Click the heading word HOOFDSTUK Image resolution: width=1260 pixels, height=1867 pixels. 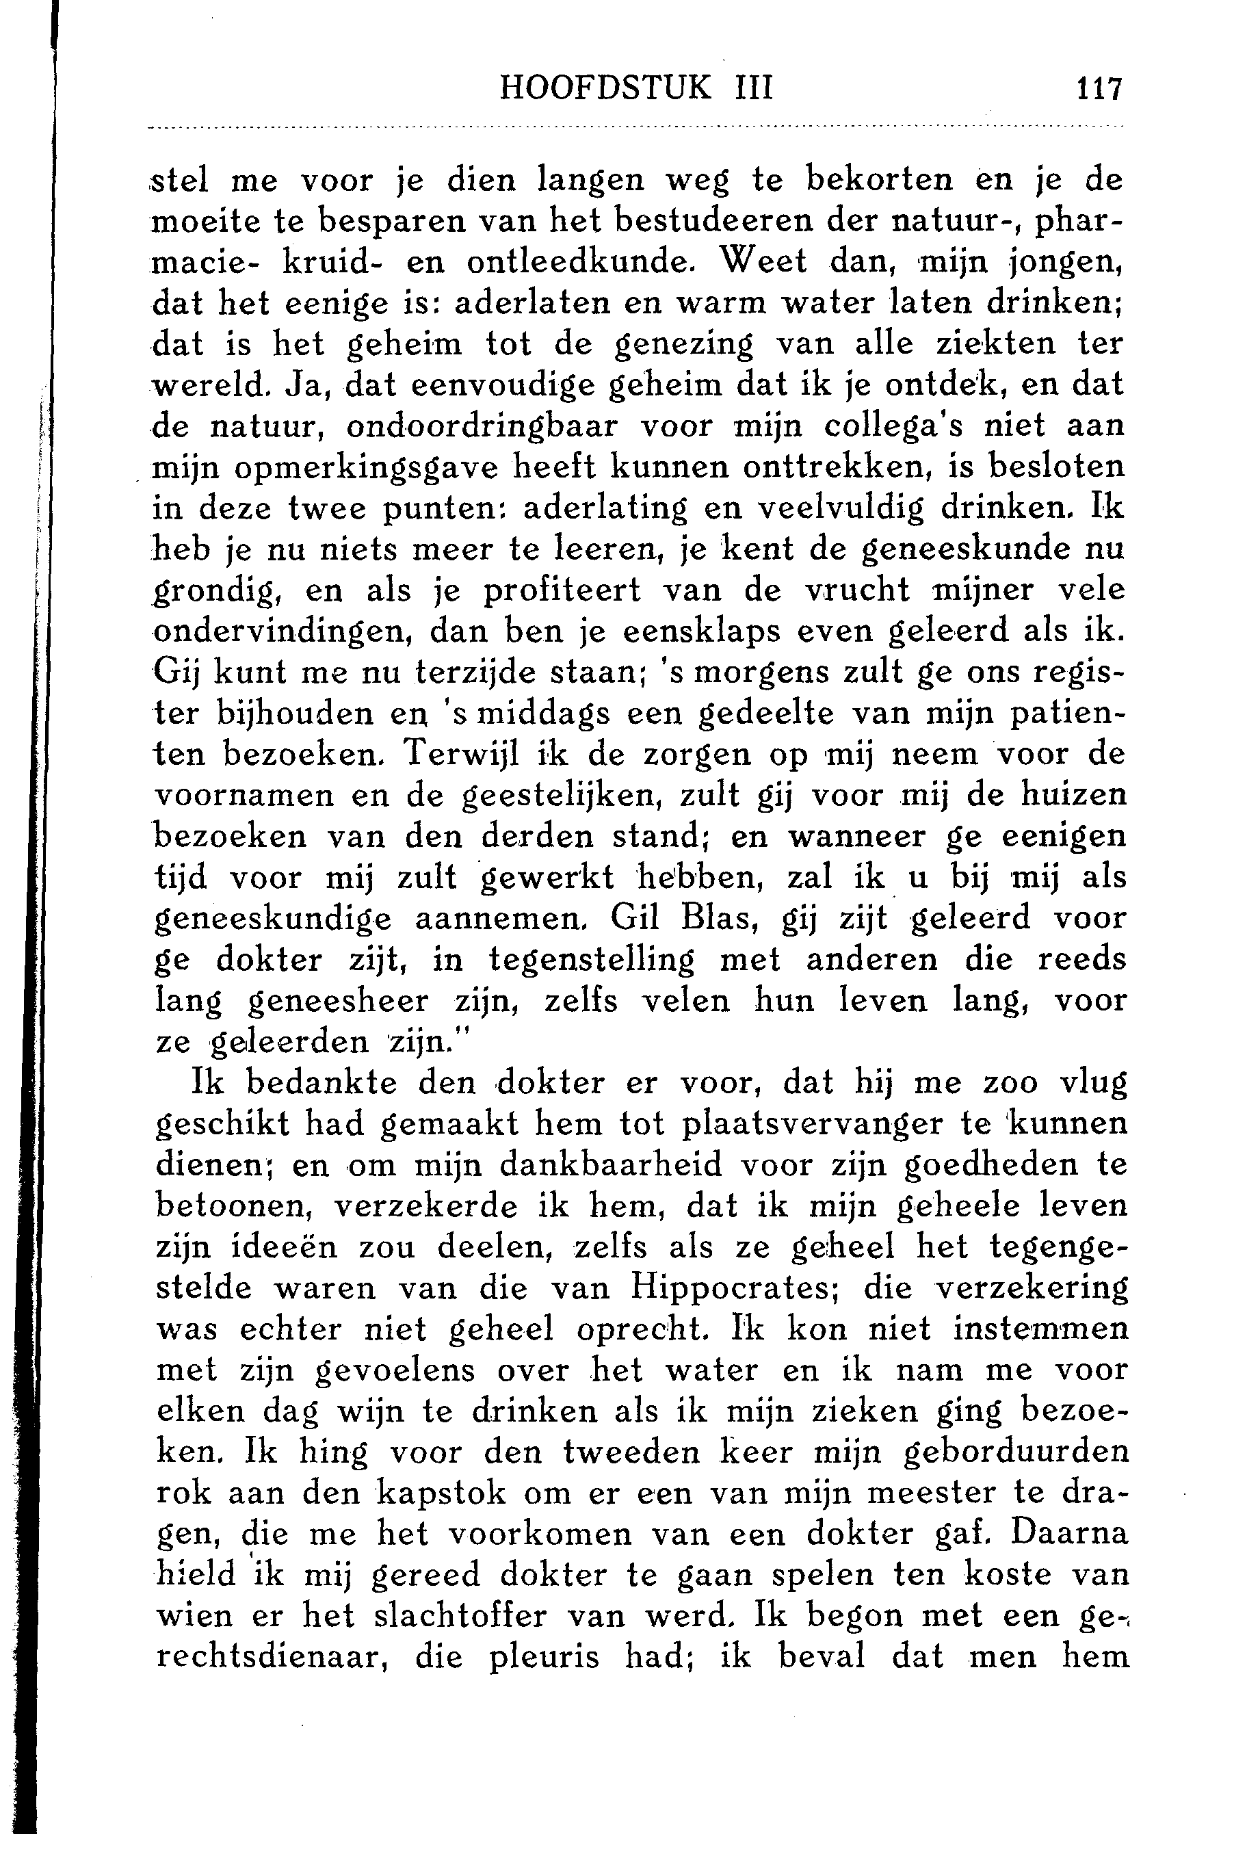tap(605, 88)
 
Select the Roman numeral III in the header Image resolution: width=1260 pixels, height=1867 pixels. tap(753, 88)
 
